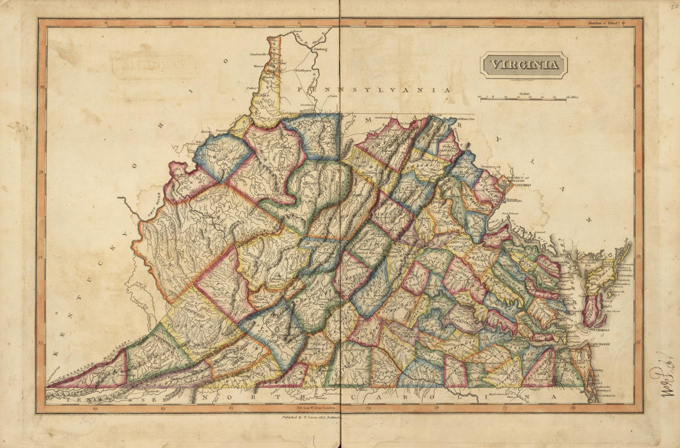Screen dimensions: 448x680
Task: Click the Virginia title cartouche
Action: [524, 64]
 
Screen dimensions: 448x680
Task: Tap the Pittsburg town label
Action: [319, 48]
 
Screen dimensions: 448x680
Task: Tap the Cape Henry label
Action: [582, 340]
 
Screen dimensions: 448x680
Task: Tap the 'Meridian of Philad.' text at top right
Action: [603, 23]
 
